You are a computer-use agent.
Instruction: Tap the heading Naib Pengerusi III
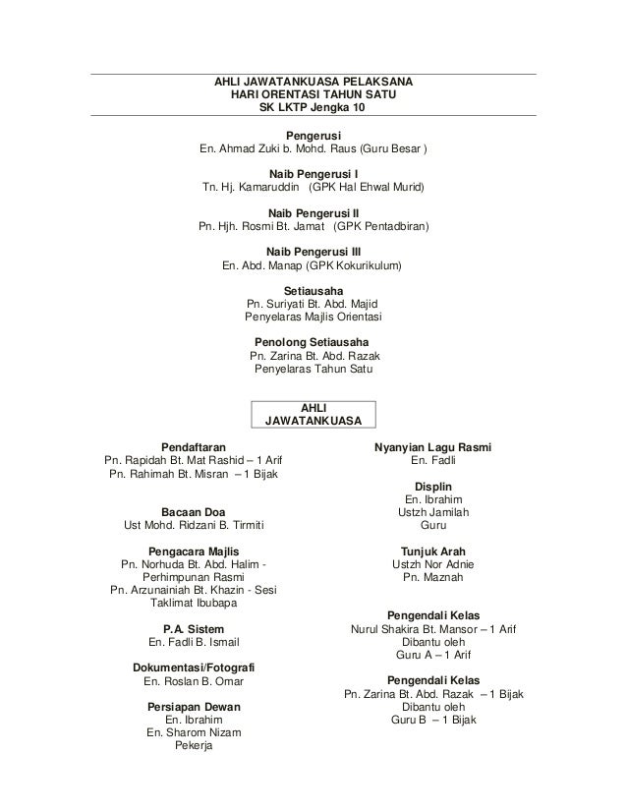(x=313, y=249)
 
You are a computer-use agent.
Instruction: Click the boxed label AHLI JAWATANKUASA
(x=313, y=414)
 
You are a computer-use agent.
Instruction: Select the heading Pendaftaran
(x=193, y=446)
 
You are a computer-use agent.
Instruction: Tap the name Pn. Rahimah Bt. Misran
(x=164, y=475)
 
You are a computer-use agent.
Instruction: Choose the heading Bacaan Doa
(x=193, y=510)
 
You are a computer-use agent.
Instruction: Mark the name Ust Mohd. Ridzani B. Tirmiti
(x=193, y=526)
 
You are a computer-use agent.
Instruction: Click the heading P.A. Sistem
(x=193, y=628)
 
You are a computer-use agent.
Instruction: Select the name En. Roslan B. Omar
(x=193, y=681)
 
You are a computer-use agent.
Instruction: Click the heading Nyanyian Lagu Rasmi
(x=433, y=446)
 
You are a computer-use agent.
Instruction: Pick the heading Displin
(x=433, y=485)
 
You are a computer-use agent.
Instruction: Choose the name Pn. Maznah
(x=433, y=578)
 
